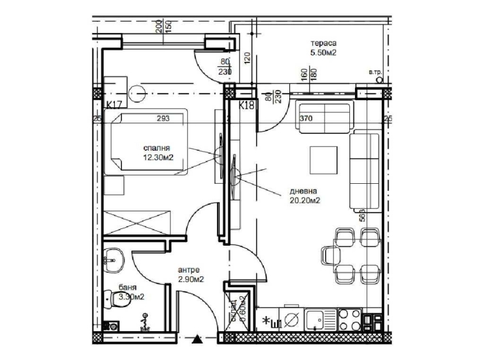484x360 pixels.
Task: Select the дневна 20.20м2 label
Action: coord(303,195)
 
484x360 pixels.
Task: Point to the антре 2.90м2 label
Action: coord(190,274)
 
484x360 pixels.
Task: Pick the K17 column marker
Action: coord(114,104)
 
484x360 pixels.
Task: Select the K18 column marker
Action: coord(246,105)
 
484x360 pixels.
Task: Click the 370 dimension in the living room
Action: coord(306,117)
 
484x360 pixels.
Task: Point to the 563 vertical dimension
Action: coord(361,215)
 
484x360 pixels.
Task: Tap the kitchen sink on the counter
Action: coord(314,317)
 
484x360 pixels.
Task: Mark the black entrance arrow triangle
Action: coord(199,339)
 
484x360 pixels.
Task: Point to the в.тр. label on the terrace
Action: coord(374,73)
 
